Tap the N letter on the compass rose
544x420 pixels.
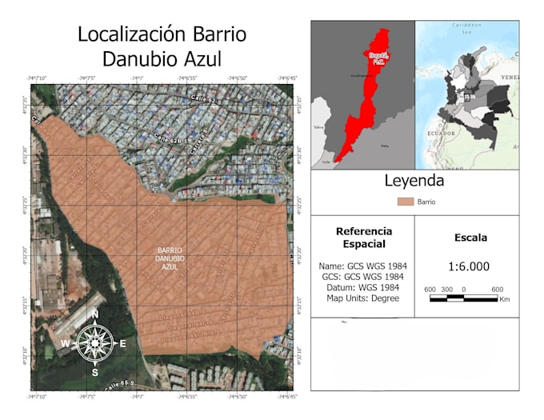pyautogui.click(x=94, y=314)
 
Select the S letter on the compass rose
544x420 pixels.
pyautogui.click(x=94, y=373)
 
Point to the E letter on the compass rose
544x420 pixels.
pyautogui.click(x=123, y=344)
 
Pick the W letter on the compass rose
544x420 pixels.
pyautogui.click(x=66, y=344)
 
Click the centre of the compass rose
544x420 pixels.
pyautogui.click(x=94, y=344)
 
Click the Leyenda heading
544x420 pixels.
pyautogui.click(x=414, y=181)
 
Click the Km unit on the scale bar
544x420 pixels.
pyautogui.click(x=504, y=301)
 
